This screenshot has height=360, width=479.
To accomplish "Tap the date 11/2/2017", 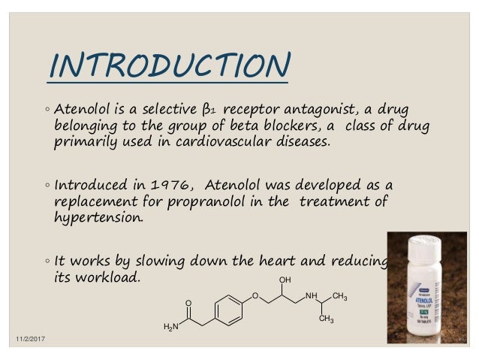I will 28,341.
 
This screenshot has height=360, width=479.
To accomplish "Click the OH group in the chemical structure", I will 284,280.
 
